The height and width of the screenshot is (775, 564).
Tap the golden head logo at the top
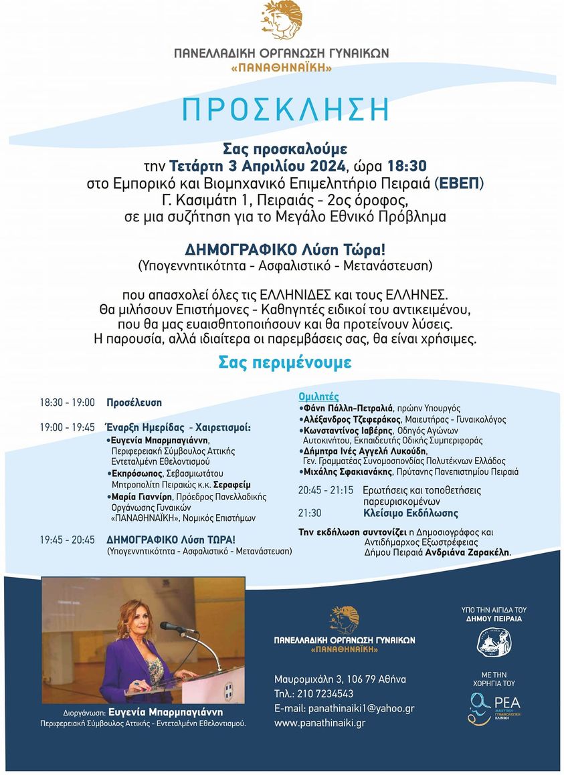[282, 21]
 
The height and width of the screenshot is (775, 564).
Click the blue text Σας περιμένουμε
[284, 362]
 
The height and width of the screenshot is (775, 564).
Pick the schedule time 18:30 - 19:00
[67, 403]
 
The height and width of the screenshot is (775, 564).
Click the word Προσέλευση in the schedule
[134, 403]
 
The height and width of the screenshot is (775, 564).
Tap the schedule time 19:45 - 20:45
[67, 539]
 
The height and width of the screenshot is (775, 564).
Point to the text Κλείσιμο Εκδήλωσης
[411, 514]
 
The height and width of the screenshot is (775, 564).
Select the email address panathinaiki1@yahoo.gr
[361, 708]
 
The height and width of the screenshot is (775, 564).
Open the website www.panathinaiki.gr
[319, 723]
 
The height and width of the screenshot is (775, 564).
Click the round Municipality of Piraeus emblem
[494, 643]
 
